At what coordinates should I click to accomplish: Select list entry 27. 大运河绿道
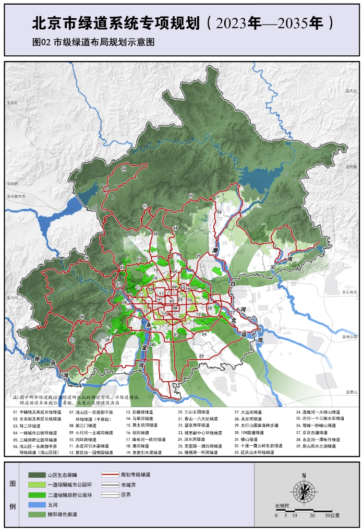pyautogui.click(x=248, y=412)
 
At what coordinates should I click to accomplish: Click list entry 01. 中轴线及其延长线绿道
pyautogui.click(x=37, y=412)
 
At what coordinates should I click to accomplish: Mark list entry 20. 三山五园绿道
pyautogui.click(x=194, y=412)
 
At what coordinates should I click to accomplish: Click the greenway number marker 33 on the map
pyautogui.click(x=124, y=170)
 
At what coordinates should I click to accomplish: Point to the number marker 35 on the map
pyautogui.click(x=155, y=233)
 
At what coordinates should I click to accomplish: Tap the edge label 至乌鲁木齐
pyautogui.click(x=16, y=196)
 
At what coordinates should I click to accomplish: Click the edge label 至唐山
pyautogui.click(x=350, y=392)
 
